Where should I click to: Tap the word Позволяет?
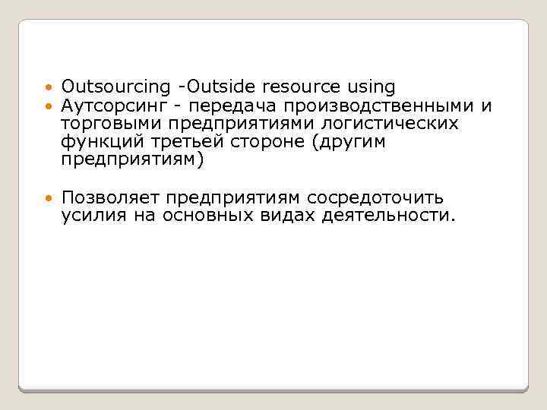click(112, 197)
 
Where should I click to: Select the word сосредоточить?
click(375, 197)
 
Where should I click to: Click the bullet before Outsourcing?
click(49, 88)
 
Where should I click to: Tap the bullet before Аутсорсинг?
click(49, 106)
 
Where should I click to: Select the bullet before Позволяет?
click(49, 198)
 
